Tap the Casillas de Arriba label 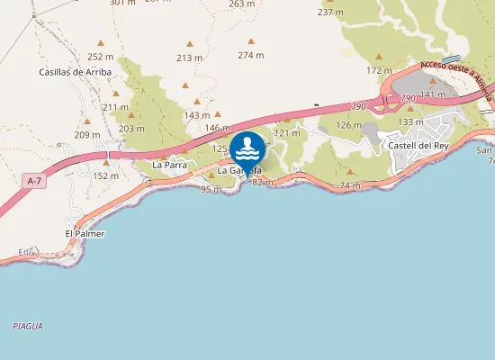(x=75, y=71)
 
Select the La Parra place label (x=168, y=165)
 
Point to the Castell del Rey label (x=417, y=144)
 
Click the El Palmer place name (x=85, y=233)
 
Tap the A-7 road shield (x=34, y=181)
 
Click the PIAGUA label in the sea (x=28, y=326)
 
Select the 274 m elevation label (x=251, y=55)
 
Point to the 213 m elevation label (x=189, y=58)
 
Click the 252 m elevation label (x=101, y=56)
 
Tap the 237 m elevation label (x=330, y=12)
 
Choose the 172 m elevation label (x=379, y=70)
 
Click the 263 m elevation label (x=241, y=4)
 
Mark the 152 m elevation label (x=105, y=175)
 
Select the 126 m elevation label (x=348, y=124)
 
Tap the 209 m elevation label (x=86, y=134)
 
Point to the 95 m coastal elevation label (x=211, y=188)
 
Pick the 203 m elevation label (x=131, y=128)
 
